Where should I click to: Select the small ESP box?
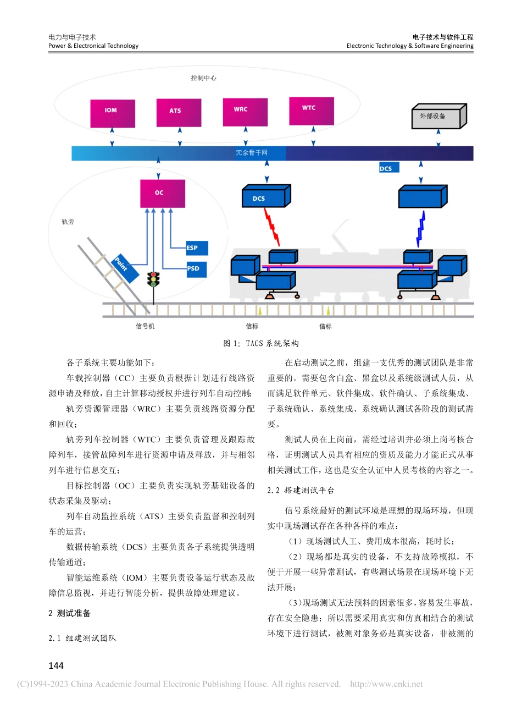pos(192,248)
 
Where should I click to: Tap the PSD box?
pos(193,269)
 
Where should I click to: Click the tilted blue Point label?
pos(124,268)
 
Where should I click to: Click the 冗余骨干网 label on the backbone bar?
pos(251,152)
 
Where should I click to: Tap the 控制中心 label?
pos(203,78)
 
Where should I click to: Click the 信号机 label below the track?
pos(145,326)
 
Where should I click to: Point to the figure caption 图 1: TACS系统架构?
pos(260,343)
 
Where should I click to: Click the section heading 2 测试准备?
pos(70,613)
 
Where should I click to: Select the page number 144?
pos(57,666)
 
